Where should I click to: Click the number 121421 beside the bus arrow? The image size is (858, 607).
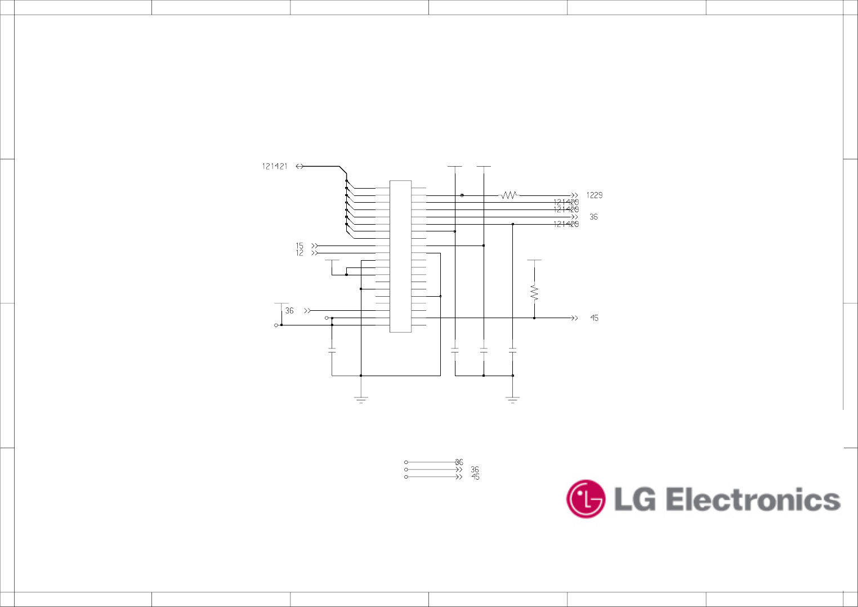pos(275,166)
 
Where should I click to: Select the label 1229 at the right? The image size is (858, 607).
pos(594,195)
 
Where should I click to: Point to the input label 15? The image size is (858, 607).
pos(300,246)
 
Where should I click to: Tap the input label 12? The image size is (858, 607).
pos(300,253)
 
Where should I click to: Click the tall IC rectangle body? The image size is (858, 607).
pos(400,256)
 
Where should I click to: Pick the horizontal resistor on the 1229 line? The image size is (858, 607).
pos(509,195)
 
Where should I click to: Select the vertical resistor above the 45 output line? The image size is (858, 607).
pos(534,293)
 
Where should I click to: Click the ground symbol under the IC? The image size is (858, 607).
pos(361,400)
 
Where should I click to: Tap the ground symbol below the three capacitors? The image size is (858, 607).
pos(512,400)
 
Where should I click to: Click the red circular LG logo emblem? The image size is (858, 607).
pos(586,499)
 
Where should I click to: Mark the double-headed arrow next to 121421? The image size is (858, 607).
pos(300,166)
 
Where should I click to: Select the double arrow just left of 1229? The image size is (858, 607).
pos(574,195)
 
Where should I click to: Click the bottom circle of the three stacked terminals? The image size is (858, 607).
pos(406,477)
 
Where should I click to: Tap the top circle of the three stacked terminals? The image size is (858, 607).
pos(406,462)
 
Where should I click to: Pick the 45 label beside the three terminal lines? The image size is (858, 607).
pos(475,477)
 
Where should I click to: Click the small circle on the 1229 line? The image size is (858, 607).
pos(462,195)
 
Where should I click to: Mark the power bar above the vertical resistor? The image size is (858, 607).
pos(534,260)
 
